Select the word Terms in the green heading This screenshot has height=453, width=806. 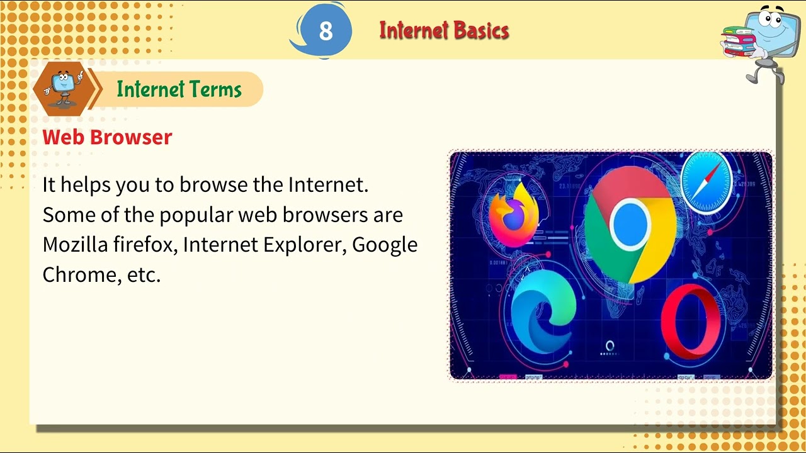click(x=212, y=89)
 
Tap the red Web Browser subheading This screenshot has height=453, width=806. click(x=107, y=137)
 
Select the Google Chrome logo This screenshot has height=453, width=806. click(x=630, y=227)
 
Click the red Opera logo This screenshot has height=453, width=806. click(x=690, y=320)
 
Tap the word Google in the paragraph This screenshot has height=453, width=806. click(x=384, y=245)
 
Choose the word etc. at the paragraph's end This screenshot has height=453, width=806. click(x=144, y=274)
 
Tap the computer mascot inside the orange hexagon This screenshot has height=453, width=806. click(x=61, y=87)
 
